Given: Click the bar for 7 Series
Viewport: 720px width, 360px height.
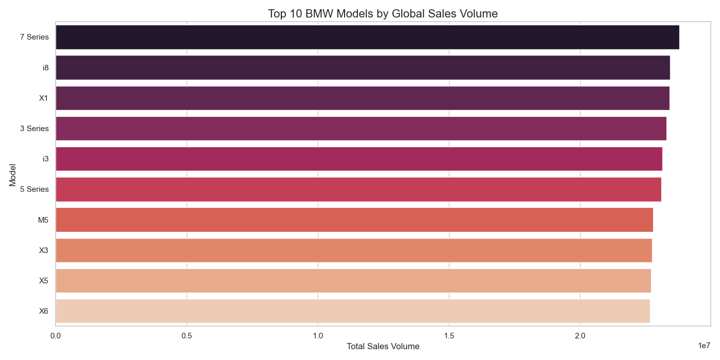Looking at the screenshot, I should coord(367,37).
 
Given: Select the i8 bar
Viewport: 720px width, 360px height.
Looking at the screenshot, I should coord(363,67).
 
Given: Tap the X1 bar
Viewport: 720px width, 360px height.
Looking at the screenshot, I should coord(363,98).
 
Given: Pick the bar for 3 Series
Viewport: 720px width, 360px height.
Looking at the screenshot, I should coord(361,129).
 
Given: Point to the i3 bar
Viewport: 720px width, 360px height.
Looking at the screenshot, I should coord(359,159).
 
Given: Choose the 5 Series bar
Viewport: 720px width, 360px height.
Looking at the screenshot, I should coord(358,189).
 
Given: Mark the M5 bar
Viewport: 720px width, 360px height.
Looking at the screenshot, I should coord(354,220).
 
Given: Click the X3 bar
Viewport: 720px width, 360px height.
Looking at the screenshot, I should coord(354,250).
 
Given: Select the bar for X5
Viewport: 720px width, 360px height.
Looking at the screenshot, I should coord(353,281).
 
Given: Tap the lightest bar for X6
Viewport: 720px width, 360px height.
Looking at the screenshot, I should coord(353,311).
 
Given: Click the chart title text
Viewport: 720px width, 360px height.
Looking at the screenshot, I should coord(383,14).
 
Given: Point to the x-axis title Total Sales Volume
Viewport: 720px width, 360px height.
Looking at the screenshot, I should coord(383,347).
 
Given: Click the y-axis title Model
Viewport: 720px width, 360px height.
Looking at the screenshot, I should coord(13,174).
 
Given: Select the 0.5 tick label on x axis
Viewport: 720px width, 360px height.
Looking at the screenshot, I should coord(187,336).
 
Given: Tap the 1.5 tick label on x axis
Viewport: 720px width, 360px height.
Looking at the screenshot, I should coord(449,336).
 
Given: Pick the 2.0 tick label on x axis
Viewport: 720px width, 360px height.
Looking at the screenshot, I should coord(581,336).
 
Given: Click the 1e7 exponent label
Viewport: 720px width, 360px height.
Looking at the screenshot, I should coord(704,346).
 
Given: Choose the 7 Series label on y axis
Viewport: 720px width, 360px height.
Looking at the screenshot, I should coord(34,37).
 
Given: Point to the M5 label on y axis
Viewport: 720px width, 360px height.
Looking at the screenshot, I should coord(43,220).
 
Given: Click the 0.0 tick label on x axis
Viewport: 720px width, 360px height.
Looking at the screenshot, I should coord(56,336).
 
